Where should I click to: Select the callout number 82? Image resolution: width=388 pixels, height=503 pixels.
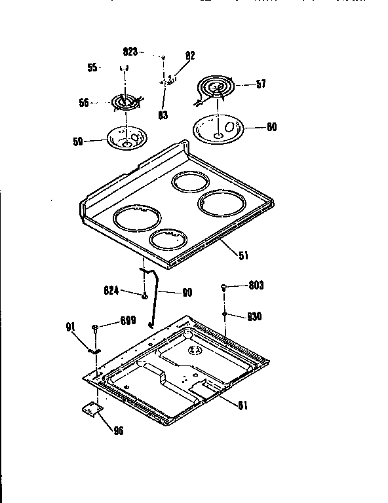tap(190, 56)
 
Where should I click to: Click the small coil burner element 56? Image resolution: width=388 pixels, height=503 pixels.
tap(125, 103)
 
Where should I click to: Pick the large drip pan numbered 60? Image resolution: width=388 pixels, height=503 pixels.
tap(219, 127)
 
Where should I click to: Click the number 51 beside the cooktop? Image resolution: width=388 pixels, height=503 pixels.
tap(244, 255)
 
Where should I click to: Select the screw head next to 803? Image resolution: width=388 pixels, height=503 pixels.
tap(225, 286)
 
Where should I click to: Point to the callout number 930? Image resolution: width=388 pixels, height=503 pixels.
tap(253, 316)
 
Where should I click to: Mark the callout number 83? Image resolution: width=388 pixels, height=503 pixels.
tap(163, 115)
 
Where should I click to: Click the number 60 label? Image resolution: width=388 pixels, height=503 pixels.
tap(271, 127)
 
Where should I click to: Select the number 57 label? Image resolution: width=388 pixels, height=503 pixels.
tap(260, 84)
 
